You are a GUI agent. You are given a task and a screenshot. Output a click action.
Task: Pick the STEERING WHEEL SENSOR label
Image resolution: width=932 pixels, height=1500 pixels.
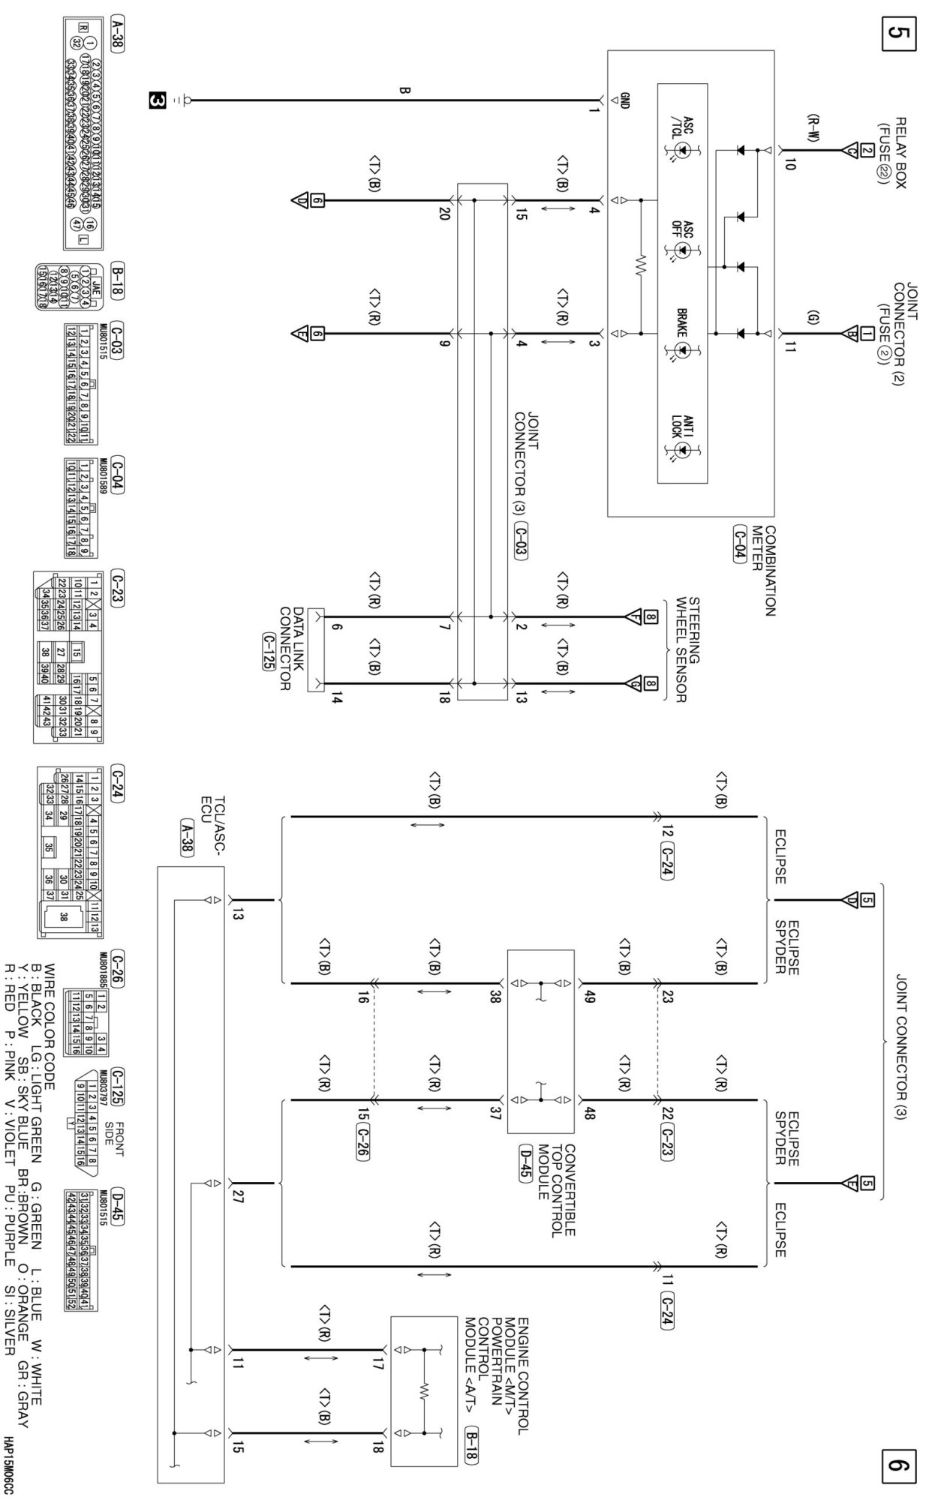coord(689,649)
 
